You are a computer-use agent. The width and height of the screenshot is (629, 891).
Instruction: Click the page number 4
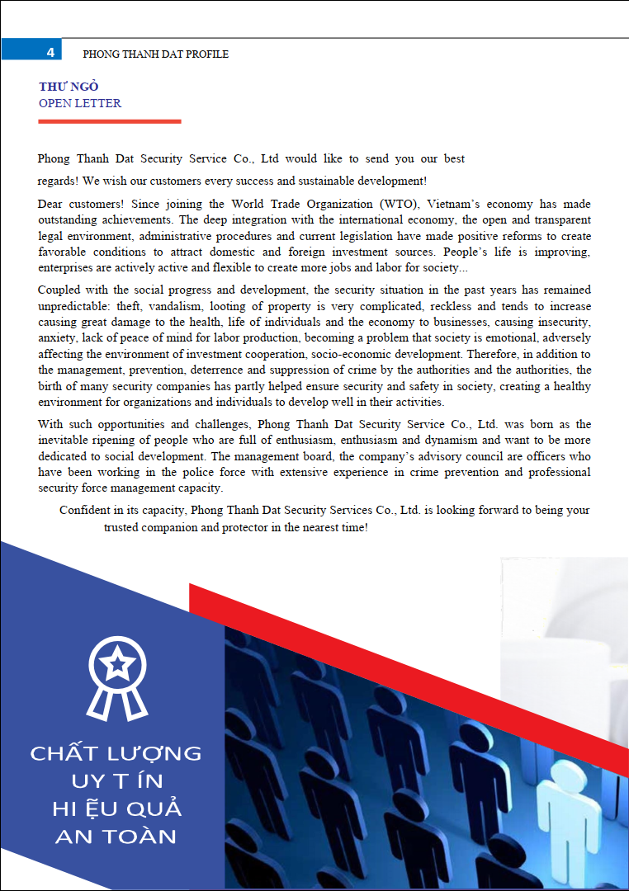pos(50,53)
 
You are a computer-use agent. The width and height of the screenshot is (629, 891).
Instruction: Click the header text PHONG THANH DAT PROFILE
pos(156,54)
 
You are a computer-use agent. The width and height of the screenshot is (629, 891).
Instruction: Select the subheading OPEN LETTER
pos(80,104)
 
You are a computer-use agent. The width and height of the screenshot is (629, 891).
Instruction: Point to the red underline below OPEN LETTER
pos(109,121)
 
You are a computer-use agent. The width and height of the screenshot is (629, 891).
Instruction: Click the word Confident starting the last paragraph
pos(84,511)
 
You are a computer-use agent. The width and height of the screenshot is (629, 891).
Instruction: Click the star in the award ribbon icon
pos(119,662)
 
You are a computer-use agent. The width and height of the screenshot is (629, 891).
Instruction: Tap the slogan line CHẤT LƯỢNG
pos(116,754)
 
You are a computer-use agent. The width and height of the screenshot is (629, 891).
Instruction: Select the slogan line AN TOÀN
pos(116,837)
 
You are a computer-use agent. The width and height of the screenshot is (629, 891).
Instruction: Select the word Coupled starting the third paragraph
pos(59,290)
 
